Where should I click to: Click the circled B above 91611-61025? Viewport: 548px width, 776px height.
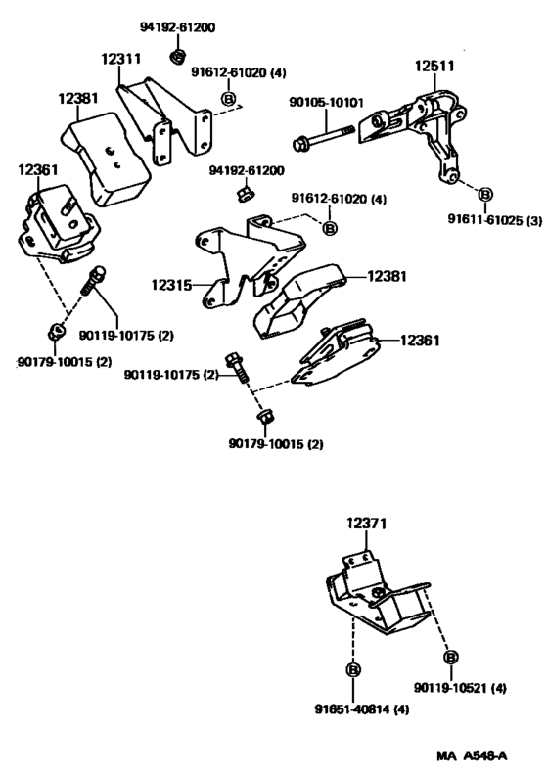486,195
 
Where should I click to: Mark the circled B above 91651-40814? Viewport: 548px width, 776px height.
351,670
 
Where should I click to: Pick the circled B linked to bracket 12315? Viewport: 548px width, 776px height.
330,227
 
